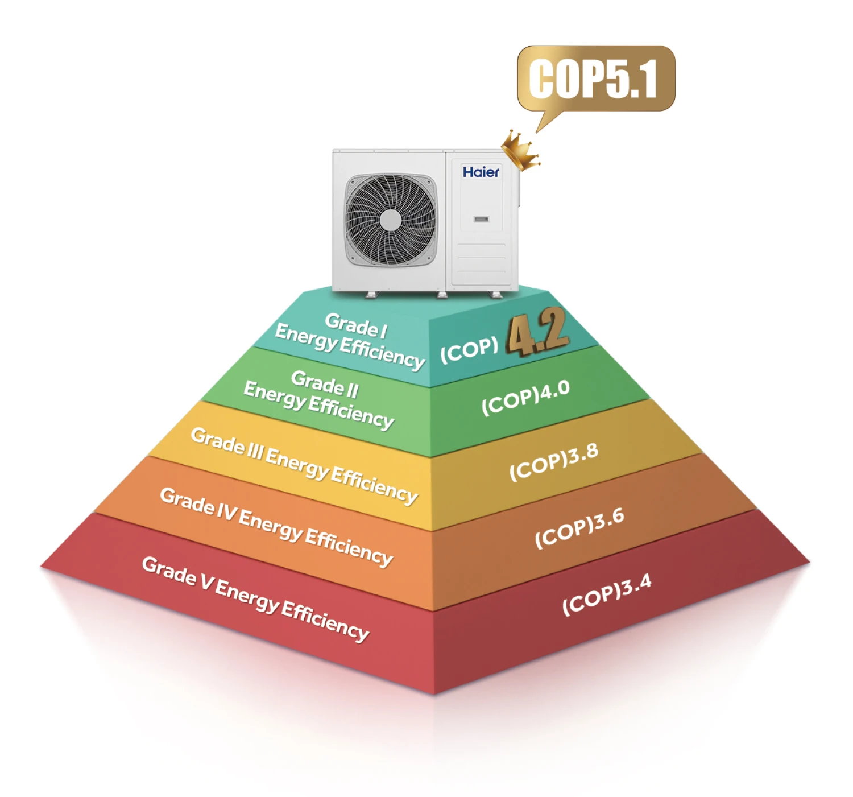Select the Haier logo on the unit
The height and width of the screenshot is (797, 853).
tap(481, 172)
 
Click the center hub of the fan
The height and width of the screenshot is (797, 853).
tap(390, 220)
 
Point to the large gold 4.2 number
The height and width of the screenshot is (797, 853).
tap(537, 333)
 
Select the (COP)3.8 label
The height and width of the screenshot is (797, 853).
tap(553, 461)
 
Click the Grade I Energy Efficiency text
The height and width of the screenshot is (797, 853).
tap(350, 340)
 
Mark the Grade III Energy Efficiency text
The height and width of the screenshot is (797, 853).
tap(304, 465)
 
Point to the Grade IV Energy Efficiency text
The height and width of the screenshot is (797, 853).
tap(276, 526)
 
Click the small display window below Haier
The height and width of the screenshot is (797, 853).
tap(481, 219)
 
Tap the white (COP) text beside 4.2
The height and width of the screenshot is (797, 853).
tap(469, 349)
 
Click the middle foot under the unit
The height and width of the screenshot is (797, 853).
tap(442, 294)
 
